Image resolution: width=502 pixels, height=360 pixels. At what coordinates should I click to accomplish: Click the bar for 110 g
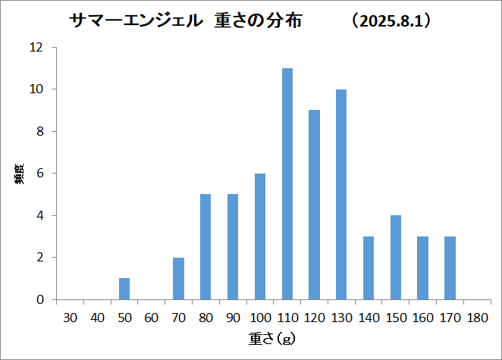click(287, 183)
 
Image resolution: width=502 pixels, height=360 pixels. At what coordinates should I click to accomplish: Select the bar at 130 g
click(341, 194)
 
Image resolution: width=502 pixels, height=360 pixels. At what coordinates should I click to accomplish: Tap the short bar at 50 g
click(124, 289)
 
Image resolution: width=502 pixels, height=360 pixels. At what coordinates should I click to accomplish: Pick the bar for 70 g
click(178, 278)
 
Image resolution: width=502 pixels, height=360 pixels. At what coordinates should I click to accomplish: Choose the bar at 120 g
click(314, 205)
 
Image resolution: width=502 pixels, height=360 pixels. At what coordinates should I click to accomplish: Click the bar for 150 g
click(395, 257)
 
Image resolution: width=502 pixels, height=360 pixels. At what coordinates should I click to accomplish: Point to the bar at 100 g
click(260, 236)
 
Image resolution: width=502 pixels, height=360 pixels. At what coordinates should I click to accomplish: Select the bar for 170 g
click(450, 268)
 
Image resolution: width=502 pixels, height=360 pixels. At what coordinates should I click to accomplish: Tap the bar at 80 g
click(206, 247)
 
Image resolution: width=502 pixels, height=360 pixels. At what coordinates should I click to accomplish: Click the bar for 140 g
click(369, 268)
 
